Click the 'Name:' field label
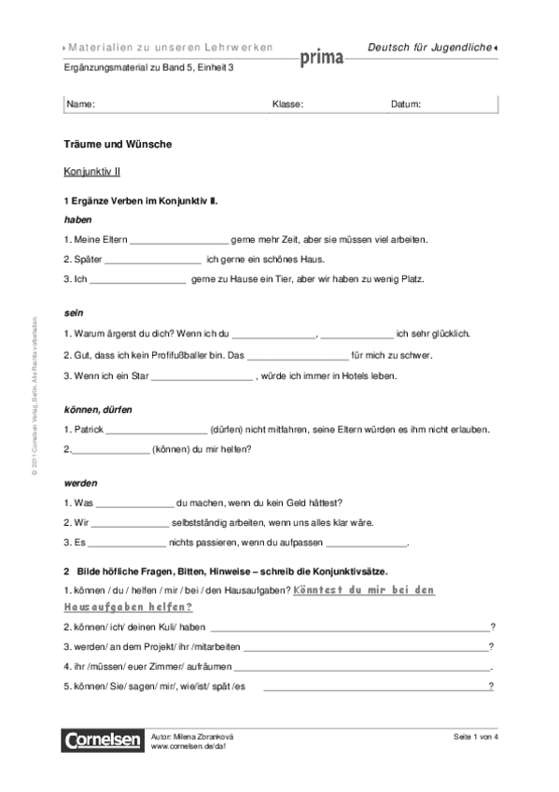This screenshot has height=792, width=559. [x=81, y=104]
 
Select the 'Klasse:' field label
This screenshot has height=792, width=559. [x=287, y=104]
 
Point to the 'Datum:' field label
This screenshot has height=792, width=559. [x=406, y=104]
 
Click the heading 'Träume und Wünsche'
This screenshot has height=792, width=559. [x=117, y=146]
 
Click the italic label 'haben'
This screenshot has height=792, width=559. [x=77, y=219]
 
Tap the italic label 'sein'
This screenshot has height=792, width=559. [x=73, y=313]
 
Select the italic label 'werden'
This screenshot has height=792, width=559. [x=80, y=483]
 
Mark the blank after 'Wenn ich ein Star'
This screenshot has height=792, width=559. [x=202, y=376]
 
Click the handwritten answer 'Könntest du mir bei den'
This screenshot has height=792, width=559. [x=364, y=590]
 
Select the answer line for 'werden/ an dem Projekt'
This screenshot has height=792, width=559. [x=366, y=646]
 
